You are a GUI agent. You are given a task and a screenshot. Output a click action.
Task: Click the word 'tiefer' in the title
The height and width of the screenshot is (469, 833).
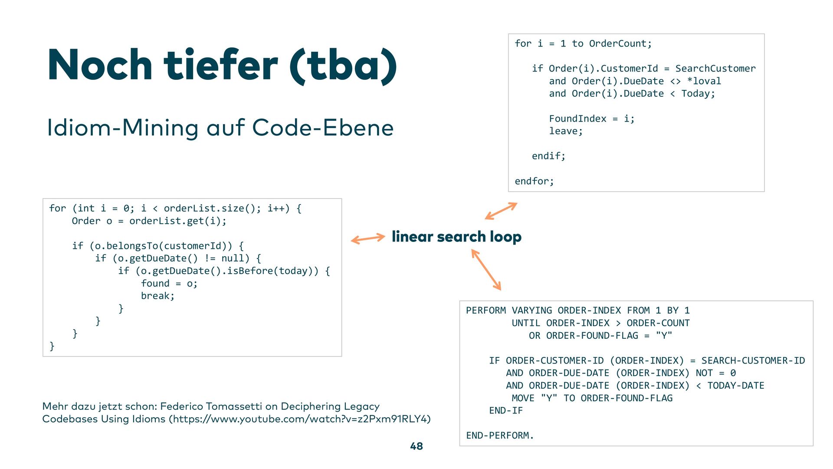(220, 65)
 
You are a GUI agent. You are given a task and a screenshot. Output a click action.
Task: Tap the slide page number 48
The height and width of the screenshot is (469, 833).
(416, 446)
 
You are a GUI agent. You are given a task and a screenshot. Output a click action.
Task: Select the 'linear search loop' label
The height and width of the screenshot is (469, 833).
(456, 237)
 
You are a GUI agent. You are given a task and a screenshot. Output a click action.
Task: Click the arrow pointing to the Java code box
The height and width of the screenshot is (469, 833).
(367, 238)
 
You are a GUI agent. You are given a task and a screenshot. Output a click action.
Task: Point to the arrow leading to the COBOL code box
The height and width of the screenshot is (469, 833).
(486, 270)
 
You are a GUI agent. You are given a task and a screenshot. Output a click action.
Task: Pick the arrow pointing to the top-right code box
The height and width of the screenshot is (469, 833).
(501, 211)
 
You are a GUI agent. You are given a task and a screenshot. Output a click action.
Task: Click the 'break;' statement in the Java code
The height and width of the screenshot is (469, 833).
(157, 296)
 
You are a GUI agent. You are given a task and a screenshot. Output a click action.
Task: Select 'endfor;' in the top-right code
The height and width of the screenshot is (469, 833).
(534, 181)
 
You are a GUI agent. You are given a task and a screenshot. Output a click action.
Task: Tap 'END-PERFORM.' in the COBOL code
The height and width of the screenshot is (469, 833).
(500, 436)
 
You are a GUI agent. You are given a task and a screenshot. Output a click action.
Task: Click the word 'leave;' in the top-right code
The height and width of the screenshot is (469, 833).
(566, 131)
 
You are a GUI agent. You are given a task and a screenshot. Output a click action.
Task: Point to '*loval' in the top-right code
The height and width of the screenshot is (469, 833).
(704, 81)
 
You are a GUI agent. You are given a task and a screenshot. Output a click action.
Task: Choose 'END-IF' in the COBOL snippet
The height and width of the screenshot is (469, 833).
(506, 410)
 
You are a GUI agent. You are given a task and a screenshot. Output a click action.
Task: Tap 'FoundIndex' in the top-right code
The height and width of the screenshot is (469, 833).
(577, 119)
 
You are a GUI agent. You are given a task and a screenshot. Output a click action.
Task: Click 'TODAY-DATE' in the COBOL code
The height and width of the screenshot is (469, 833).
(736, 386)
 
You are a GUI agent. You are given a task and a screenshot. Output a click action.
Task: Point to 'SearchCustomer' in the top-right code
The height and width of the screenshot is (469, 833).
(715, 69)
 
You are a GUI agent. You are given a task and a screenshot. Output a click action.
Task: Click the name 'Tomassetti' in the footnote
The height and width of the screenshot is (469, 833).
(233, 406)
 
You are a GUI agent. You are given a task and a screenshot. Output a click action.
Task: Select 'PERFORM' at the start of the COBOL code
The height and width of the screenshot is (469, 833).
(486, 310)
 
